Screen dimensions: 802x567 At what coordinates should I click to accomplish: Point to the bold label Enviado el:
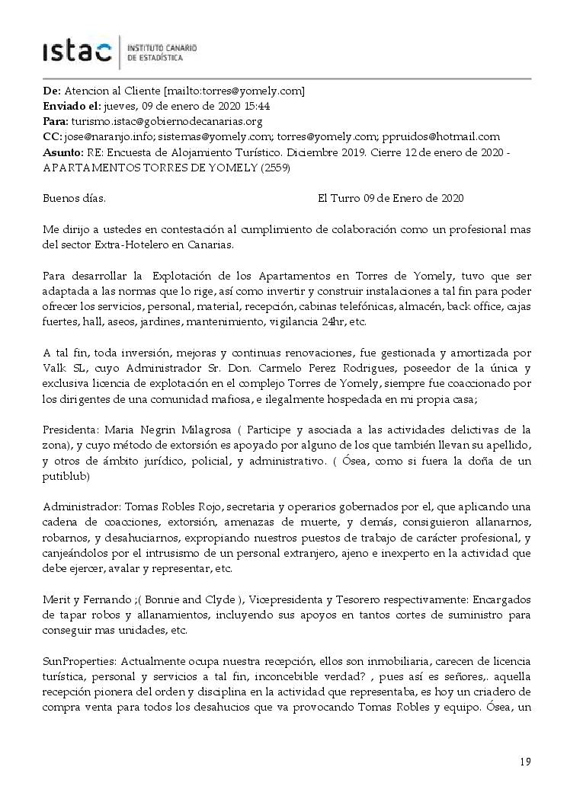71,106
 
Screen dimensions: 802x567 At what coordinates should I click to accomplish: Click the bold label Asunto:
64,152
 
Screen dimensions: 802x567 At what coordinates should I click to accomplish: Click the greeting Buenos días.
74,198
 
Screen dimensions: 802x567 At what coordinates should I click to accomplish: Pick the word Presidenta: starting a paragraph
70,429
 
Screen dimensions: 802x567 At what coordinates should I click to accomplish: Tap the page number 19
525,762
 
